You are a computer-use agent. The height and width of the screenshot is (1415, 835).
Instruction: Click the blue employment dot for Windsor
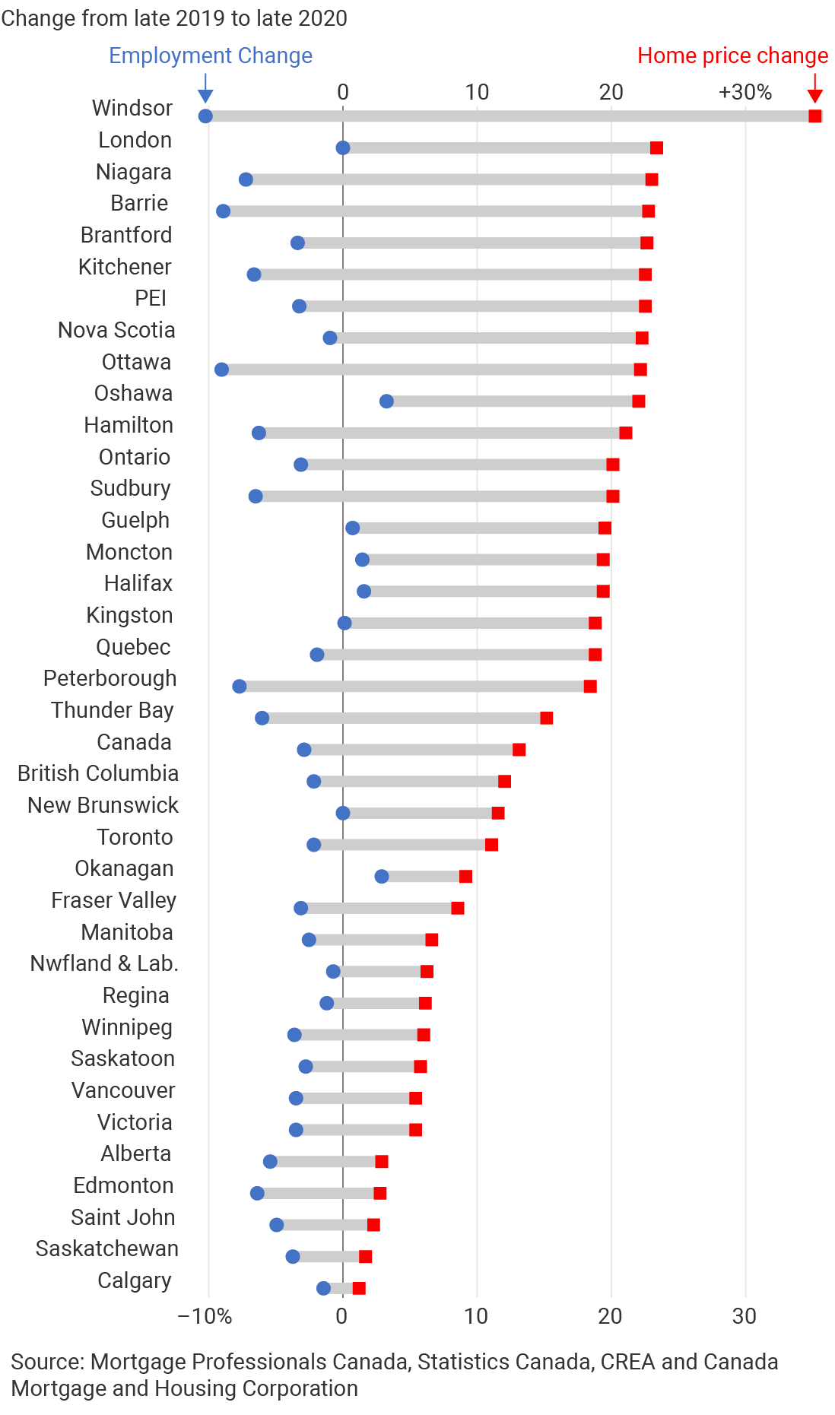[205, 116]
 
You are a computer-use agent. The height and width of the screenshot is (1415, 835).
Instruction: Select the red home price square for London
[656, 148]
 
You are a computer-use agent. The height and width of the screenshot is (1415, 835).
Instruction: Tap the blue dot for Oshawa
[386, 401]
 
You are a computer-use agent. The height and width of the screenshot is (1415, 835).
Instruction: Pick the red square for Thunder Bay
[546, 718]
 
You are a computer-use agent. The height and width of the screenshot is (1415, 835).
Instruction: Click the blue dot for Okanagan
[382, 877]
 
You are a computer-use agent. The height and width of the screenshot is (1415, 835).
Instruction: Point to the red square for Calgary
[359, 1288]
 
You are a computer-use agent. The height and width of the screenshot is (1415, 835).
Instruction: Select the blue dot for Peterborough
[240, 687]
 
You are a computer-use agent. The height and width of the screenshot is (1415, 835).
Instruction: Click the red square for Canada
[519, 750]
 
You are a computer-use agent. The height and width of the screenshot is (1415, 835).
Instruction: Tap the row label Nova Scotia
[116, 330]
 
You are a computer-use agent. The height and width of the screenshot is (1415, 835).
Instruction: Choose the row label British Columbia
[98, 773]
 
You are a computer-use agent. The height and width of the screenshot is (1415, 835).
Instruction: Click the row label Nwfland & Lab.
[104, 963]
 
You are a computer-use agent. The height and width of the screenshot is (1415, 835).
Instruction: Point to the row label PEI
[151, 298]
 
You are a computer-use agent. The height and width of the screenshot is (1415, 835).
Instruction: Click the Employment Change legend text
[211, 56]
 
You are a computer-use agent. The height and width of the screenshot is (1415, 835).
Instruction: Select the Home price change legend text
[732, 56]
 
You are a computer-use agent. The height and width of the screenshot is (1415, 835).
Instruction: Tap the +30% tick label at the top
[745, 92]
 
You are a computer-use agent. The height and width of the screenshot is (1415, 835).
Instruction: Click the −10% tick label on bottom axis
[205, 1316]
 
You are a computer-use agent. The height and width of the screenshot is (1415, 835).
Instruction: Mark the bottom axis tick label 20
[610, 1316]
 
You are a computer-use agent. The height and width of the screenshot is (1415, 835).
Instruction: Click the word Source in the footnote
[46, 1362]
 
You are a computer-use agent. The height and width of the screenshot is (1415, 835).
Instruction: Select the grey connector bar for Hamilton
[441, 433]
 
